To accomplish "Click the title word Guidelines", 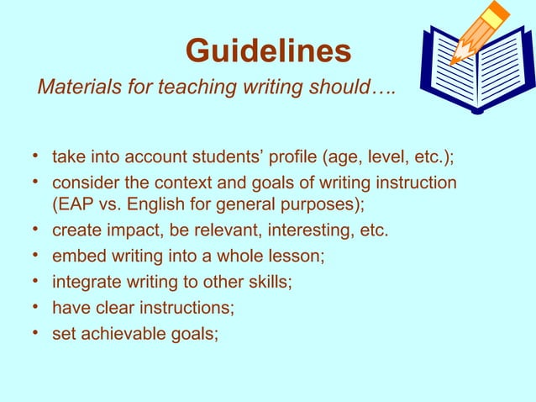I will pyautogui.click(x=268, y=51).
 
